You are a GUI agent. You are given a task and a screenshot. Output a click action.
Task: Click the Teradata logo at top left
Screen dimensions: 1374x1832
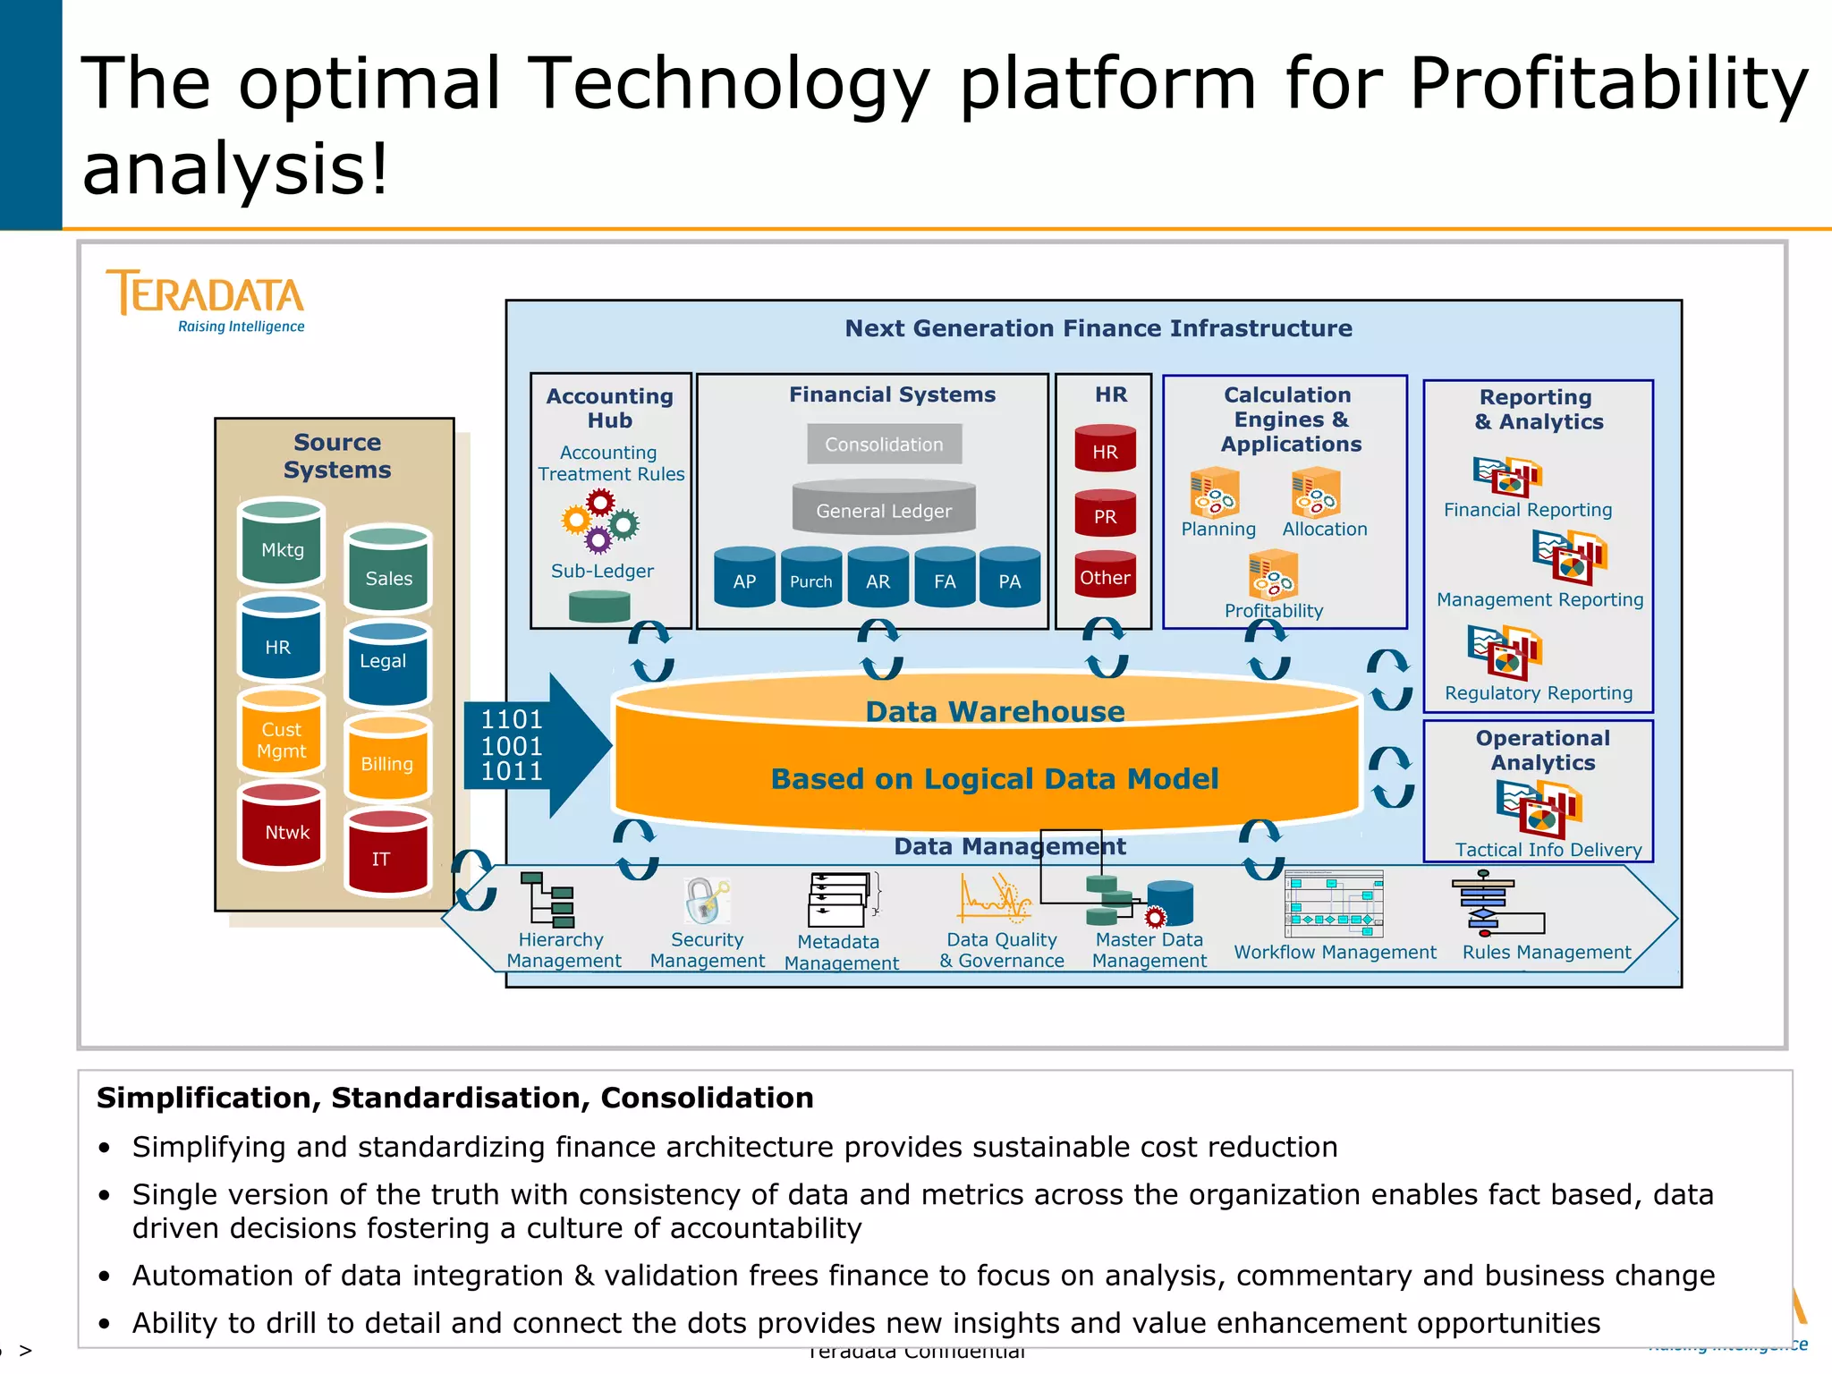coord(206,301)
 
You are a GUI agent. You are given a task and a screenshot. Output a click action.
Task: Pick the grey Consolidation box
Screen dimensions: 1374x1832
coord(884,445)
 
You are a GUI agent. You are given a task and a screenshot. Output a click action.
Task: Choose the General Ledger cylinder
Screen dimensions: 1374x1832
coord(884,508)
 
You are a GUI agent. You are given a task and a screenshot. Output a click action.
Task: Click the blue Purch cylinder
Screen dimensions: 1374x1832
coord(810,578)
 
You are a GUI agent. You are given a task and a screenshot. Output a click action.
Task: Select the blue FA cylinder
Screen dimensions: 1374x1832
coord(945,578)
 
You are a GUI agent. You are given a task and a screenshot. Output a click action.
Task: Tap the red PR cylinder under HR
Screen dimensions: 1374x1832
coord(1105,513)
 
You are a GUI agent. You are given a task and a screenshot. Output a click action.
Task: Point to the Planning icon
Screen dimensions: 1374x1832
coord(1214,493)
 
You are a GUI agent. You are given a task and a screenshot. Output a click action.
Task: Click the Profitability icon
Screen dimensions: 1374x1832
coord(1273,574)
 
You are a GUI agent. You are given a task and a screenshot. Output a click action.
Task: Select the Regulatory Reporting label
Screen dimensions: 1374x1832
coord(1539,693)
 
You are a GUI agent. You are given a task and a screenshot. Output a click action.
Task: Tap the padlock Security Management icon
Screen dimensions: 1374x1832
coord(707,901)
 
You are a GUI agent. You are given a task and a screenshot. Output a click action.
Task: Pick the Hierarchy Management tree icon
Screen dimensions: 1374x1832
coord(547,899)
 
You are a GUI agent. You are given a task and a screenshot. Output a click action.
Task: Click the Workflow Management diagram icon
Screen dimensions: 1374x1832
coord(1334,903)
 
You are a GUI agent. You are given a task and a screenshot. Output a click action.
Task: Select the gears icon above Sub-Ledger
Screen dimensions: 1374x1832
coord(600,522)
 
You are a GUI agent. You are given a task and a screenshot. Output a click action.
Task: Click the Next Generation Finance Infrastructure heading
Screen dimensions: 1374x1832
coord(1098,328)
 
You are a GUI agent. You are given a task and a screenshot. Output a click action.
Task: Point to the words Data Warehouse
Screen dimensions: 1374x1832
coord(995,712)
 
